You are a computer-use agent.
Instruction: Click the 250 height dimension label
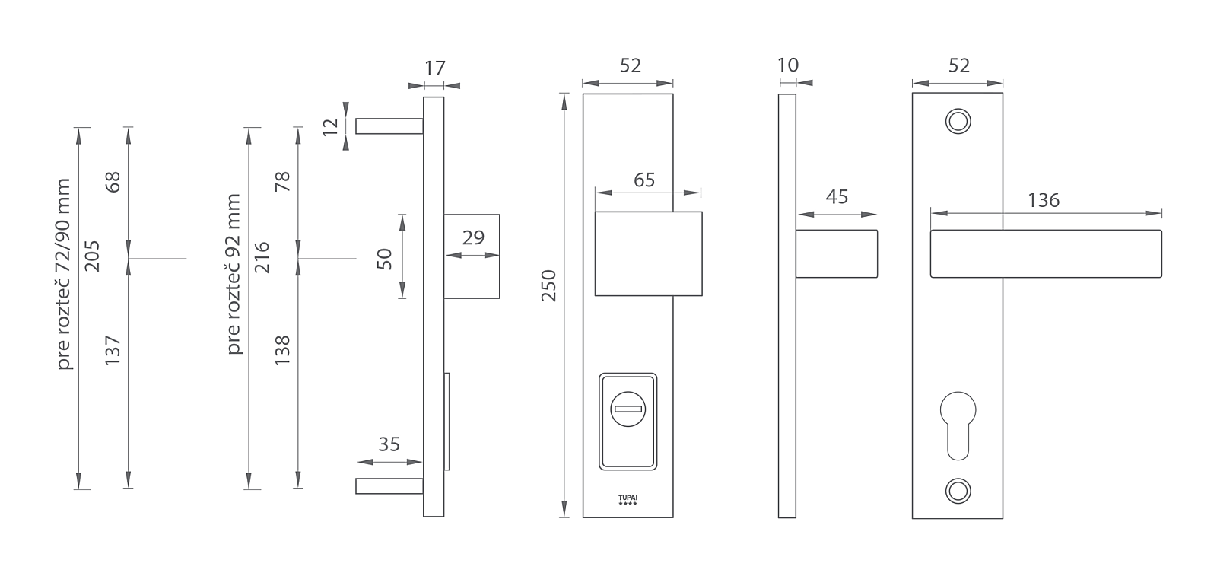coord(549,286)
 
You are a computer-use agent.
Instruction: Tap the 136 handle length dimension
coord(1044,201)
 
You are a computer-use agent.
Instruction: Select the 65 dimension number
coord(644,180)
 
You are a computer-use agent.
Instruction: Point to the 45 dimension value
coord(837,197)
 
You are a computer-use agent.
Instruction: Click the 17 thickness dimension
coord(434,68)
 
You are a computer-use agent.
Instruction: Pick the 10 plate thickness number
coord(788,65)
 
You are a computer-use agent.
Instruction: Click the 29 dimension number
coord(473,237)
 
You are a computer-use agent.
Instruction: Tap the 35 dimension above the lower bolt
coord(389,444)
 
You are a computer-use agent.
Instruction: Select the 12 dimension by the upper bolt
coord(330,126)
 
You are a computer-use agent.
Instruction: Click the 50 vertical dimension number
coord(384,259)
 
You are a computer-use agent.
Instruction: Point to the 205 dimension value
coord(92,256)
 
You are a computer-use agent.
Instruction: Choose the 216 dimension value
coord(262,257)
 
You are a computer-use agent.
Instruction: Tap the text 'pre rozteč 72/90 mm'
coord(64,275)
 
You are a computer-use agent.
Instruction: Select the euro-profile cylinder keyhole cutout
coord(958,425)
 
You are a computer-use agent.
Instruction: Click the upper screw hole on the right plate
coord(958,121)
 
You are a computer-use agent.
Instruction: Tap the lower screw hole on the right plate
coord(958,491)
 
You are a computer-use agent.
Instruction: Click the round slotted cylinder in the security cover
coord(628,409)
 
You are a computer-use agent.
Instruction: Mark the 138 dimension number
coord(282,351)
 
